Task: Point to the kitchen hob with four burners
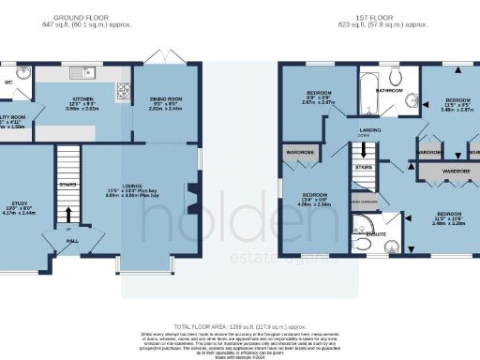click(122, 91)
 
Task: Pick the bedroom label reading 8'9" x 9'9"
click(319, 93)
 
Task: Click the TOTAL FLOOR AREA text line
click(239, 323)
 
